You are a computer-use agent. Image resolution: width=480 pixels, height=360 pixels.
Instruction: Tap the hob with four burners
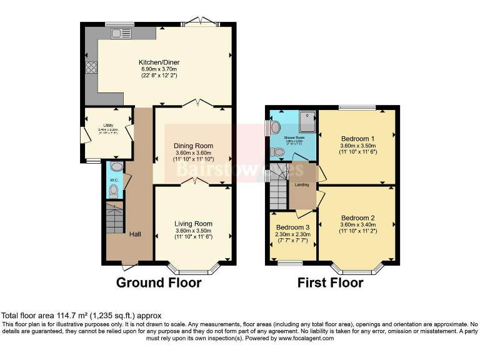tap(91, 67)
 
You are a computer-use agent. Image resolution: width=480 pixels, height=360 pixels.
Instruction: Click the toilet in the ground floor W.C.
tap(114, 191)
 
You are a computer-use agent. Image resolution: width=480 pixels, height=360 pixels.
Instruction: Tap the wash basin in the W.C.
tap(113, 167)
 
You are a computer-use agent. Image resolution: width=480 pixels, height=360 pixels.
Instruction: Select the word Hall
tap(134, 234)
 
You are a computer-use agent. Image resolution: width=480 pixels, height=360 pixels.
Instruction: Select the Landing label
tap(302, 184)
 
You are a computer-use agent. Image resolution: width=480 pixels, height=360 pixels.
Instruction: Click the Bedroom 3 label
tap(293, 226)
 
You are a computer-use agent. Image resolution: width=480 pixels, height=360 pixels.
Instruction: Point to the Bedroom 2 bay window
tap(356, 270)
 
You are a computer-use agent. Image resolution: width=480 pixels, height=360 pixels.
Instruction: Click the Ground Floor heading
tap(159, 283)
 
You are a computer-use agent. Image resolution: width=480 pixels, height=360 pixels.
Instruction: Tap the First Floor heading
tap(330, 283)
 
